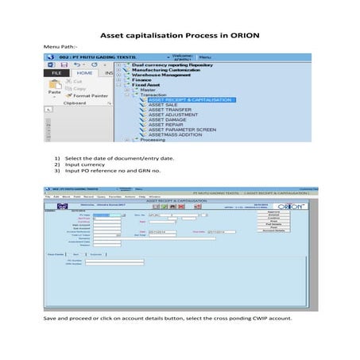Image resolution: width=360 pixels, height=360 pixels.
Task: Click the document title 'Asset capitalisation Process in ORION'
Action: [179, 37]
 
